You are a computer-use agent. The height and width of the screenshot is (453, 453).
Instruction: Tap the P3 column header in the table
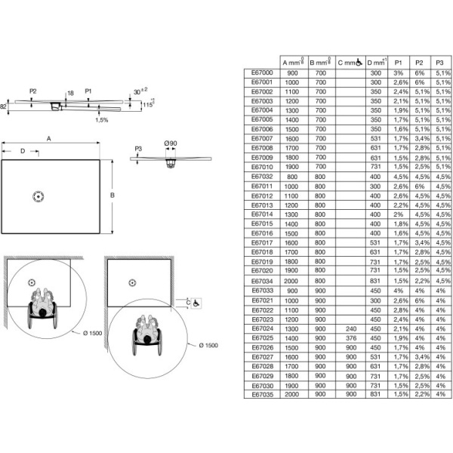(x=442, y=63)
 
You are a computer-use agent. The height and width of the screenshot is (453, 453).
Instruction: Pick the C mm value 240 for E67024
(x=350, y=329)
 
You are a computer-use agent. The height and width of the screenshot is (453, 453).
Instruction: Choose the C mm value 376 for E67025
(x=350, y=338)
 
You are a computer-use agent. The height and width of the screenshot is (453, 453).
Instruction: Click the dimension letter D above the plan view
(x=23, y=152)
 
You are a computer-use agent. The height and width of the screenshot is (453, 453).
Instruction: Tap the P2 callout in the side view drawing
(x=32, y=91)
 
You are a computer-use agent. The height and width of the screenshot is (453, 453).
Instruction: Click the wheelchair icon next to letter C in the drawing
(x=196, y=304)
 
